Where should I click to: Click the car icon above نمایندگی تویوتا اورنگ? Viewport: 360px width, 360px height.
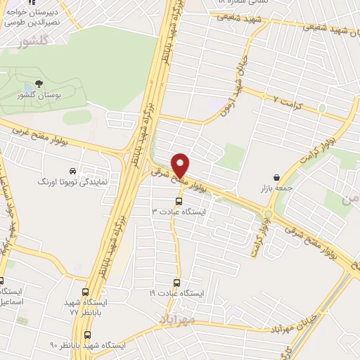[x=73, y=171]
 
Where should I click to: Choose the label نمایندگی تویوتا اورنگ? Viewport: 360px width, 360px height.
[x=72, y=181]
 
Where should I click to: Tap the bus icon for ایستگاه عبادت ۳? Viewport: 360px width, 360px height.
[x=178, y=201]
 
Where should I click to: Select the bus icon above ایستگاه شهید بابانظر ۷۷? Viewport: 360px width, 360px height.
[x=86, y=292]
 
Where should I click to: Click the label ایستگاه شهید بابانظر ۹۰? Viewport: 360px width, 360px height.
[x=87, y=346]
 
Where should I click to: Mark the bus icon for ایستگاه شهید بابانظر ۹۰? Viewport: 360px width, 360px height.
[x=87, y=335]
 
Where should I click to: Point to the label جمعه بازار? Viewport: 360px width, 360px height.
[x=275, y=188]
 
